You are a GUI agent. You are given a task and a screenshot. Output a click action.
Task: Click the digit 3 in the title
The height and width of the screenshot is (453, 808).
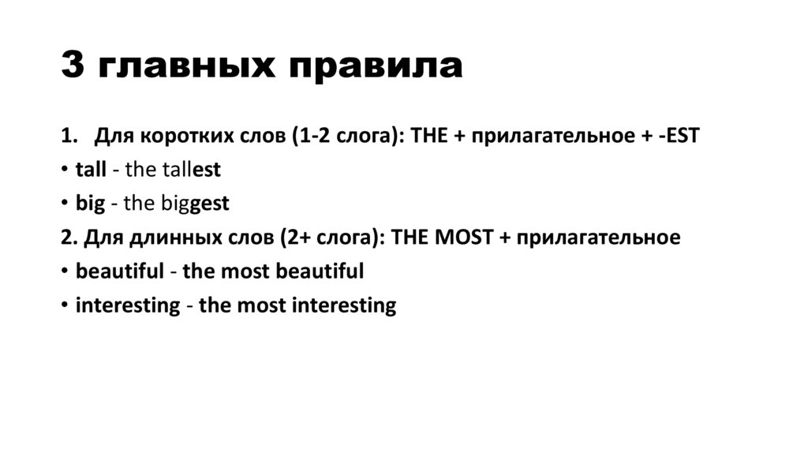click(x=73, y=66)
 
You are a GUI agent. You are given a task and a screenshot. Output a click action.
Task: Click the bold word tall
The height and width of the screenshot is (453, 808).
click(x=90, y=170)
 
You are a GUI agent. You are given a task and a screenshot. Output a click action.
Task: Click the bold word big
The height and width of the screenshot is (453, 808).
click(x=89, y=204)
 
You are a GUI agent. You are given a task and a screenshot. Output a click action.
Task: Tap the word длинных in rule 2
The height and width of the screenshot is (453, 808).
click(x=163, y=238)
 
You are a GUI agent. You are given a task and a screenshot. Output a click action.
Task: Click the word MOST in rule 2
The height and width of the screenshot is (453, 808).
click(x=460, y=238)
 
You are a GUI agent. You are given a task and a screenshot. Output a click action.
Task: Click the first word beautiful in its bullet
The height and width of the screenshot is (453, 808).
click(x=119, y=271)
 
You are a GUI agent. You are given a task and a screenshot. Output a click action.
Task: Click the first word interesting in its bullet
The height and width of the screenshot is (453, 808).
click(x=128, y=305)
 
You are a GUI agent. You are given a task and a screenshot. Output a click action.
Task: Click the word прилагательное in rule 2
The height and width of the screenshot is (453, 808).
click(x=600, y=238)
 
